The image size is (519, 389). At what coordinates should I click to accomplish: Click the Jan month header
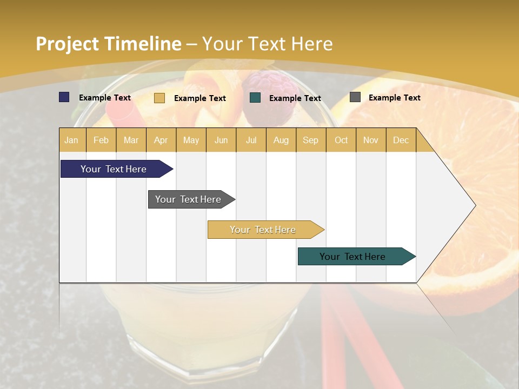pyautogui.click(x=71, y=140)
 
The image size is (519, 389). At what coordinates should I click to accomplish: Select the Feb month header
pyautogui.click(x=101, y=140)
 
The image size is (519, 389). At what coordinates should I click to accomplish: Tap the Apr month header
pyautogui.click(x=161, y=140)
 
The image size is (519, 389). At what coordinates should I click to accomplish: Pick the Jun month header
pyautogui.click(x=221, y=140)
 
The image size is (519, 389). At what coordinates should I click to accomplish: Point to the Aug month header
pyautogui.click(x=281, y=140)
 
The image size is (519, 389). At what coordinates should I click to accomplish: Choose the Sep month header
pyautogui.click(x=310, y=140)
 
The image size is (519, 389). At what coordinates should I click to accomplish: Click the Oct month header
pyautogui.click(x=341, y=140)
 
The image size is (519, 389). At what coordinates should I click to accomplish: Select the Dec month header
pyautogui.click(x=401, y=140)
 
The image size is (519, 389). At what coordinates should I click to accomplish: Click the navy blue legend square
pyautogui.click(x=64, y=97)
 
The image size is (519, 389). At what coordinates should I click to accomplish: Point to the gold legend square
pyautogui.click(x=159, y=98)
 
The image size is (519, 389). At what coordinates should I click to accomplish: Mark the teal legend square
pyautogui.click(x=255, y=98)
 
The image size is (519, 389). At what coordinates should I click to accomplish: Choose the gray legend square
pyautogui.click(x=355, y=97)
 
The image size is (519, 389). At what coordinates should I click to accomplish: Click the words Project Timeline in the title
pyautogui.click(x=109, y=44)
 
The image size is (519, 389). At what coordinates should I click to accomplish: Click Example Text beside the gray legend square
pyautogui.click(x=394, y=97)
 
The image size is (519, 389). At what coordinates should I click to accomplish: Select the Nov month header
pyautogui.click(x=371, y=140)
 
